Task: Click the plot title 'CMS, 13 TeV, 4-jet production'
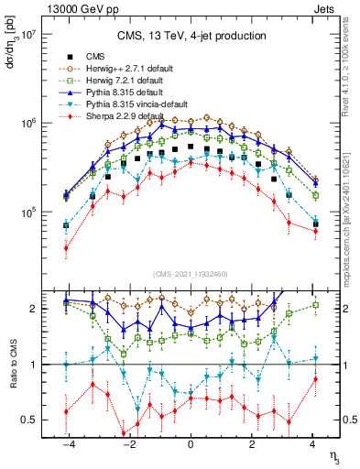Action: click(190, 36)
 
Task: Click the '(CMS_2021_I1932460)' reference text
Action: click(190, 274)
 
